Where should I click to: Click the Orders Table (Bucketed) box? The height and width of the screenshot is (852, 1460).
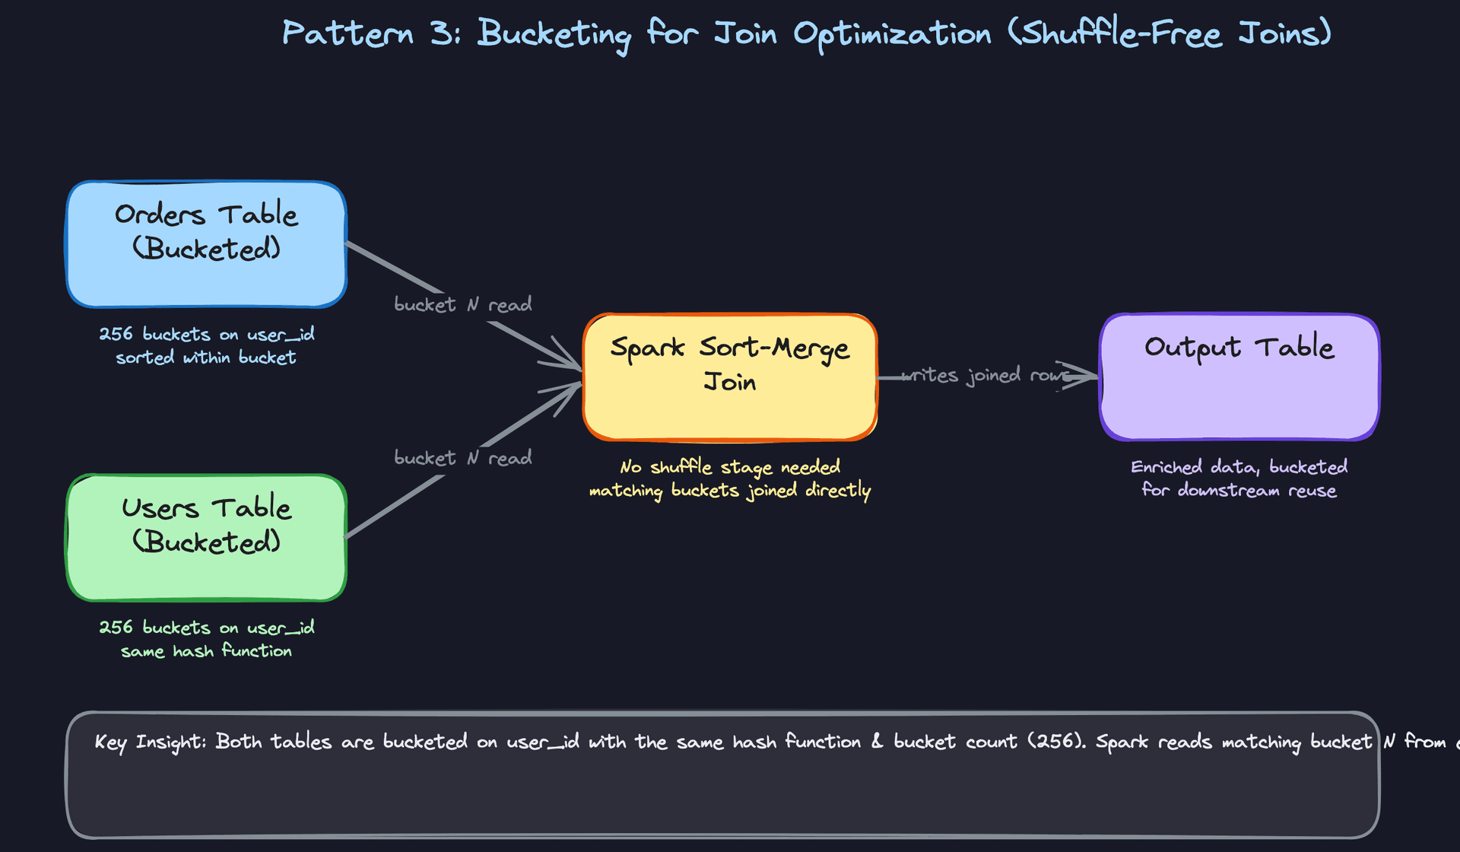206,244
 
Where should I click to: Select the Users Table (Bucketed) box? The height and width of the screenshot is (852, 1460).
206,537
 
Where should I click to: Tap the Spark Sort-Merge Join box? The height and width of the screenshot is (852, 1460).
730,377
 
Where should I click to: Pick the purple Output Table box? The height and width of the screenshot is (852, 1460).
1239,377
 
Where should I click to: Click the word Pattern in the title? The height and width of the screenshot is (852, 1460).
348,33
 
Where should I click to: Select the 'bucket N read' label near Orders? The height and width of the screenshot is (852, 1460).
462,305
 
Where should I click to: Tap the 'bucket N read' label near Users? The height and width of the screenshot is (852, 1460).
462,458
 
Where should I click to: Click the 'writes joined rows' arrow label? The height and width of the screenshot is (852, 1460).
985,376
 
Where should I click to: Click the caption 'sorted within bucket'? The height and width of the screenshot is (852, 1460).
205,358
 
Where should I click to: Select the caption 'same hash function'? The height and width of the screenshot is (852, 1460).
206,651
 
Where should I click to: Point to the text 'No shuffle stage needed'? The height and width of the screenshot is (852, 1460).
730,467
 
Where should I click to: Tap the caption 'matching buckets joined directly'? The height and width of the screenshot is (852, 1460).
730,491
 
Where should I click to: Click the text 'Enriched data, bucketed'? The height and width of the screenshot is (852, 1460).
1239,467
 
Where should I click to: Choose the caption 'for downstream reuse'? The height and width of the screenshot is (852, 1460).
1239,491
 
